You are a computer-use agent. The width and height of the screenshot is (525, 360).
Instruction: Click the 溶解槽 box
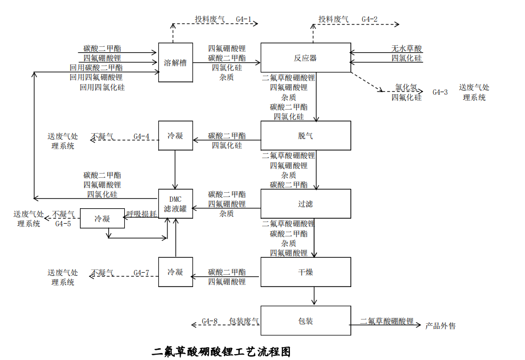[x=175, y=62]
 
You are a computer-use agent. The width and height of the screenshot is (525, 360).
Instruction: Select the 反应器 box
[x=306, y=58]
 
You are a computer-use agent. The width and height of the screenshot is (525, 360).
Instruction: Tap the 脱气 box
[x=306, y=135]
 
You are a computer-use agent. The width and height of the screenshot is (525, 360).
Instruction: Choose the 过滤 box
[x=306, y=204]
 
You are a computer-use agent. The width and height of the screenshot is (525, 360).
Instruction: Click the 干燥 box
[x=306, y=272]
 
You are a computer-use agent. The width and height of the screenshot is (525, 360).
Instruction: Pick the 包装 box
[x=306, y=321]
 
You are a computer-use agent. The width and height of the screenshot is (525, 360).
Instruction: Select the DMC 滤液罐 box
[x=175, y=204]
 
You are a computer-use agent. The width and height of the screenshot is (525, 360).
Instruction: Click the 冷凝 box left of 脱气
[x=175, y=135]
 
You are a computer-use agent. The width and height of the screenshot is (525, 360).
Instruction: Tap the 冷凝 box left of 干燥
[x=175, y=272]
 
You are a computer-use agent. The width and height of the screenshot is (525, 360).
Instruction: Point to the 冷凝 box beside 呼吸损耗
[x=102, y=218]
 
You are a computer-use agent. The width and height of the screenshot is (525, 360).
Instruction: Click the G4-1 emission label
[x=244, y=19]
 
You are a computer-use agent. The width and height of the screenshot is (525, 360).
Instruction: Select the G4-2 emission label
[x=370, y=19]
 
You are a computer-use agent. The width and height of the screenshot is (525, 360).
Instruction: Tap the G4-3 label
[x=440, y=92]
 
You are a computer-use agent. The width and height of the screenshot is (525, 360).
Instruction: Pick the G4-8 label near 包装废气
[x=209, y=321]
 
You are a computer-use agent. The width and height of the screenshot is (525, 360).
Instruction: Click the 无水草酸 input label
[x=407, y=48]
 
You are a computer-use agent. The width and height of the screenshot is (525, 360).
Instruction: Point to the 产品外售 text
[x=440, y=326]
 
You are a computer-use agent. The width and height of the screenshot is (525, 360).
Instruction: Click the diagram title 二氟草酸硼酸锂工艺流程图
[x=221, y=351]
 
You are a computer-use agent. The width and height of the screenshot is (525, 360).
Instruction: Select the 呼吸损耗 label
[x=142, y=214]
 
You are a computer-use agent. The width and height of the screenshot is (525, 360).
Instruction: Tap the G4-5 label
[x=63, y=224]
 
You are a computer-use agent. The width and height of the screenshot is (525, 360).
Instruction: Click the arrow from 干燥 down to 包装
[x=314, y=296]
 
